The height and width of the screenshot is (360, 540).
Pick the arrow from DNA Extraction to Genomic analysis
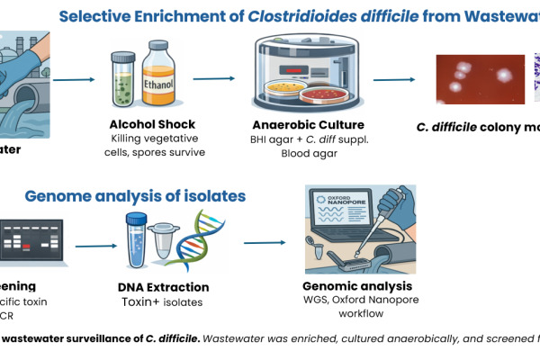point(265,243)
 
